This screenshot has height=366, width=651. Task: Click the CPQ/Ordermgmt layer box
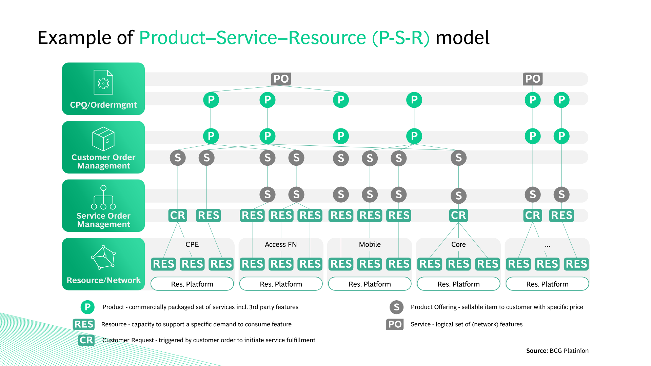pos(103,89)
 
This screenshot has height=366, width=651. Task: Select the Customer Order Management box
pos(103,147)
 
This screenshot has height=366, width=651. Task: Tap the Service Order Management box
pos(103,206)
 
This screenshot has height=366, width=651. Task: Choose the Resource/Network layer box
pos(103,264)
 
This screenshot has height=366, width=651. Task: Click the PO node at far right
pos(532,79)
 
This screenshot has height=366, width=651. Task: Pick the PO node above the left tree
pos(281,79)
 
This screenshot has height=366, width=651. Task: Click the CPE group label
pos(192,244)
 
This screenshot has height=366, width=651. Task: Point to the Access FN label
pos(281,244)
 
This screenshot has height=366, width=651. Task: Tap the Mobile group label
pos(370,244)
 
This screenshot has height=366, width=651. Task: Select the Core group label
pos(458,244)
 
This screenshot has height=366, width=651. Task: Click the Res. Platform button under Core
pos(458,284)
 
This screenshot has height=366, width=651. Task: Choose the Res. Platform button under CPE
pos(192,284)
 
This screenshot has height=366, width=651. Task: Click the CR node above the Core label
pos(458,215)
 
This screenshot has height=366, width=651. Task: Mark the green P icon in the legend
pos(87,307)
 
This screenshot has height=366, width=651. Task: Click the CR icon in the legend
pos(86,340)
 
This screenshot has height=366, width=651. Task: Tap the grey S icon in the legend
pos(396,307)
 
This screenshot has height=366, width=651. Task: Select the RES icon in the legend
pos(83,324)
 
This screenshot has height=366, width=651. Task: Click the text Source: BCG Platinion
pos(557,351)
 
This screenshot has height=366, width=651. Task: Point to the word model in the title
pos(462,38)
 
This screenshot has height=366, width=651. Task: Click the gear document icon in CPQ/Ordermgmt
pos(103,82)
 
